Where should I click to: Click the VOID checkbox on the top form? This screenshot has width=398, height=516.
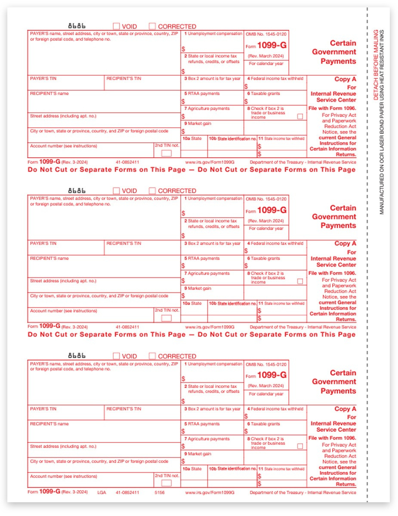click(116, 26)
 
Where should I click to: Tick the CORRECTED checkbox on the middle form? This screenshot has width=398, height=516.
click(152, 191)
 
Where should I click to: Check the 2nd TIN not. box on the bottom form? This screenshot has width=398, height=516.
click(166, 483)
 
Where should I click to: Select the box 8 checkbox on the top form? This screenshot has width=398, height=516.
click(300, 117)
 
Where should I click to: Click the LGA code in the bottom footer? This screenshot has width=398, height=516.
click(102, 492)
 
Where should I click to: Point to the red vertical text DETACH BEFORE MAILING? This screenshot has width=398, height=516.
click(376, 64)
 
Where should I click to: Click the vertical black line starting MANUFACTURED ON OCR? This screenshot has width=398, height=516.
click(382, 120)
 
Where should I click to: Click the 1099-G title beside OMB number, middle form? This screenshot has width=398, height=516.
click(272, 210)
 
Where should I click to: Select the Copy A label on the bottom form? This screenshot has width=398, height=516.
click(345, 409)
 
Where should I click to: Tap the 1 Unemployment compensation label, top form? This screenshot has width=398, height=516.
click(213, 34)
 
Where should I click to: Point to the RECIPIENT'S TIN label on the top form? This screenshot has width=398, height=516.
click(123, 79)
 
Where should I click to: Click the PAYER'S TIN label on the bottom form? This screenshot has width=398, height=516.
click(43, 409)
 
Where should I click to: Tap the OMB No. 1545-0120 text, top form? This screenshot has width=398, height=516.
click(266, 34)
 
